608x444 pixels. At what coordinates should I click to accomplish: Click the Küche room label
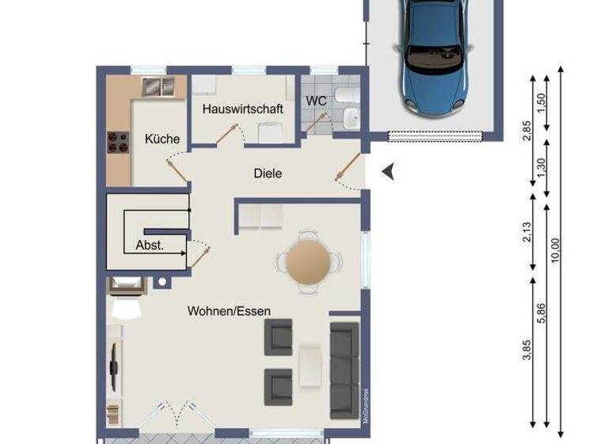coord(162,139)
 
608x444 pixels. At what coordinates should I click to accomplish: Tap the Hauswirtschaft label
coord(242,109)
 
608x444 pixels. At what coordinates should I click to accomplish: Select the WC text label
coord(317,101)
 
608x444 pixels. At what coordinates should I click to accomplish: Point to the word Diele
coord(268,173)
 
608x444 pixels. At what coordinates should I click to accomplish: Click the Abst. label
coord(150,245)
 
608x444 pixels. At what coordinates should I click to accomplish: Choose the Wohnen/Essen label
coord(229,311)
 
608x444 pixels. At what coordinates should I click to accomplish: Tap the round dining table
coord(308,262)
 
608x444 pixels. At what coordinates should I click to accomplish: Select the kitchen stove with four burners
coord(118,143)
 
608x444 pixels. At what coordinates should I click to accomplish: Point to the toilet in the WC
coord(345,96)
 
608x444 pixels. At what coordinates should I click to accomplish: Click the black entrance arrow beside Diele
coord(388,171)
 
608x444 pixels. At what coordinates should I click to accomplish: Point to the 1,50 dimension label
coord(541,104)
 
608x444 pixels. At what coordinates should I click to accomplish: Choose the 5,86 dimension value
coord(541,314)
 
